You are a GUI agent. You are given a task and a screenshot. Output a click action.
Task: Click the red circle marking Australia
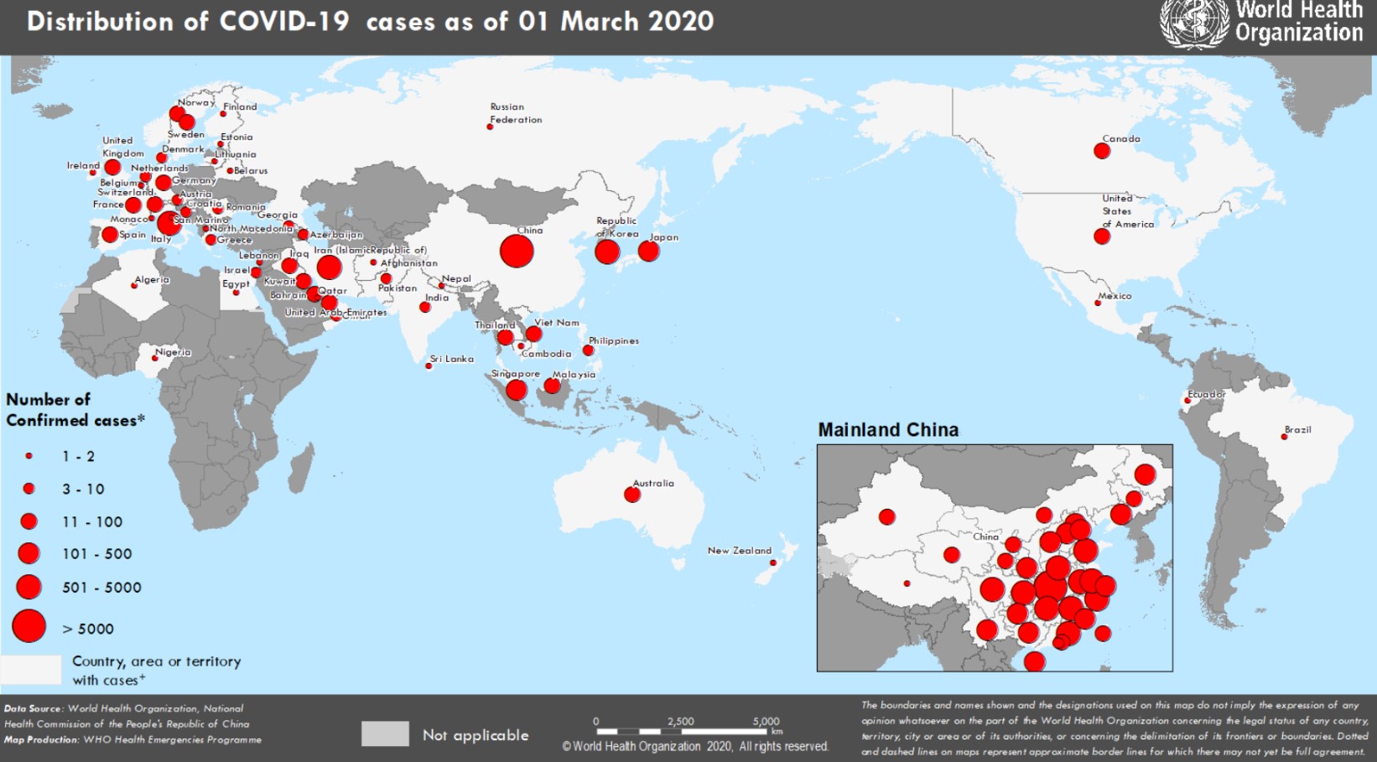[x=632, y=495]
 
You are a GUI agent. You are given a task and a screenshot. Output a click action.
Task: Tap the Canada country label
[x=1121, y=139]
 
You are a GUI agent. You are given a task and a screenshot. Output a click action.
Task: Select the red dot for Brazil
[x=1284, y=437]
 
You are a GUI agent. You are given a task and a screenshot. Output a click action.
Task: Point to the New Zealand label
[x=739, y=551]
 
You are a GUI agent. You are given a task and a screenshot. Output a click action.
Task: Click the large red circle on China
[x=517, y=251]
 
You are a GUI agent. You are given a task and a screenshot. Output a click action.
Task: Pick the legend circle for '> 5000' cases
[x=29, y=626]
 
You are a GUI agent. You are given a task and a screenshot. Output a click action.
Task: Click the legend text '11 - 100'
[x=92, y=521]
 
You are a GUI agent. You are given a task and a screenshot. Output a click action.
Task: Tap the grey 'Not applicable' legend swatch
[x=385, y=733]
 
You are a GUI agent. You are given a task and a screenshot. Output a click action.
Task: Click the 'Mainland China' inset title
[x=888, y=430]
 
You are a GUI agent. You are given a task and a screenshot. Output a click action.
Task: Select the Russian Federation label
[x=515, y=113]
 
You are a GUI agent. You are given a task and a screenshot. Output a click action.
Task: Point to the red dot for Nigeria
[x=154, y=359]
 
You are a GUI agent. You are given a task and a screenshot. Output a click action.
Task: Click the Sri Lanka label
[x=452, y=359]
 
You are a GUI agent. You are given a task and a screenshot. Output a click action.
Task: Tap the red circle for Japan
[x=648, y=251]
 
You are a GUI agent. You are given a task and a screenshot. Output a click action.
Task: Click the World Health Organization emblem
[x=1194, y=23]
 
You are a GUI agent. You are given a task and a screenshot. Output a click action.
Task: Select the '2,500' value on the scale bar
[x=680, y=721]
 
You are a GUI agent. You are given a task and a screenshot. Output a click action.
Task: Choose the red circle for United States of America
[x=1102, y=236]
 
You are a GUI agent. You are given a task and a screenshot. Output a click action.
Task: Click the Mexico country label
[x=1115, y=296]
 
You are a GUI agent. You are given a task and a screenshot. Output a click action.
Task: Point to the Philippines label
[x=613, y=341]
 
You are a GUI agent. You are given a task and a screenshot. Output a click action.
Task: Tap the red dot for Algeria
[x=134, y=286]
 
